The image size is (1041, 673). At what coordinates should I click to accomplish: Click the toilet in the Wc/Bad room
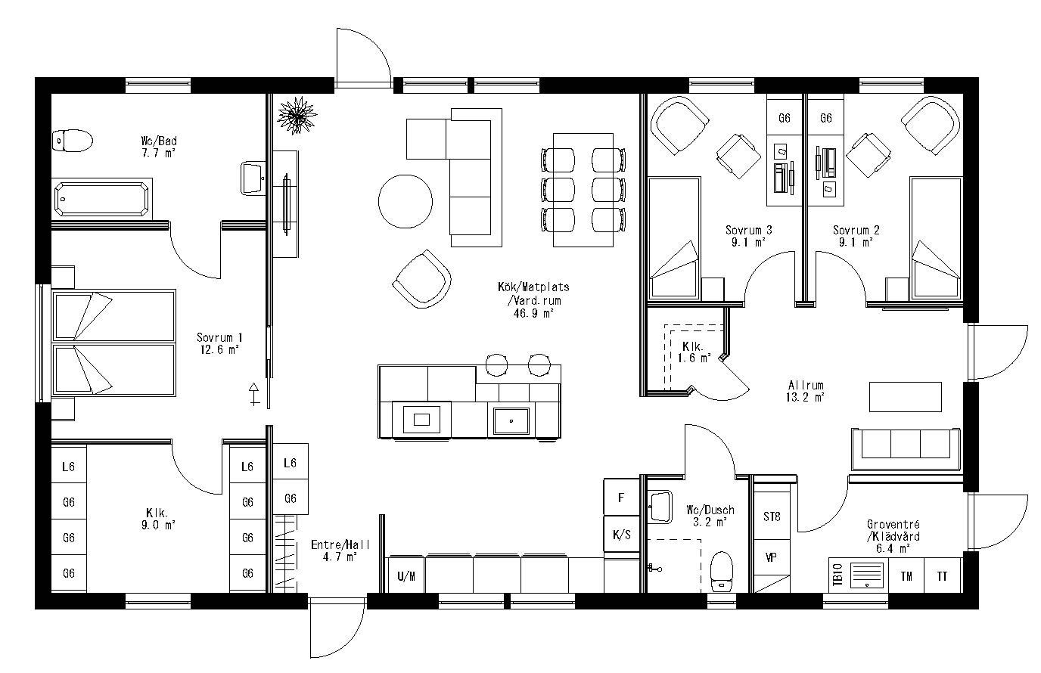click(x=72, y=141)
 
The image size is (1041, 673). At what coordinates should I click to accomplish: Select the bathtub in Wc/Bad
click(x=102, y=199)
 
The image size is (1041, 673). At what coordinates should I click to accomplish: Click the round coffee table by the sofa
click(x=405, y=201)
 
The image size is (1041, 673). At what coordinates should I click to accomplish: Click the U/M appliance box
click(x=406, y=576)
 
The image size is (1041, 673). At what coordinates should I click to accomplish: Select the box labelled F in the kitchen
click(x=621, y=498)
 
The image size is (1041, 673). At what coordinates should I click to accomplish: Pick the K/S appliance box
click(x=621, y=535)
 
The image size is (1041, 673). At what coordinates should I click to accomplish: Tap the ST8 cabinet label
click(x=772, y=517)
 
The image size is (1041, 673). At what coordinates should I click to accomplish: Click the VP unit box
click(x=772, y=557)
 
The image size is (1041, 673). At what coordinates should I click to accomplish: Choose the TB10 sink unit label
click(x=837, y=576)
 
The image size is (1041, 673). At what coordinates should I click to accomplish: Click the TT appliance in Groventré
click(x=942, y=576)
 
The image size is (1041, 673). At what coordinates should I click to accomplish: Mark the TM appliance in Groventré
click(x=906, y=576)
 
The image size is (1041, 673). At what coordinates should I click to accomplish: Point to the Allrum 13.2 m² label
click(x=805, y=390)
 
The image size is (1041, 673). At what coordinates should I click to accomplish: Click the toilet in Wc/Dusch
click(x=722, y=571)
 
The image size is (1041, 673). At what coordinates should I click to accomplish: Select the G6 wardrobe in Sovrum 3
click(x=785, y=118)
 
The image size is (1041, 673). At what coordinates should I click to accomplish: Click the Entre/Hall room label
click(x=334, y=549)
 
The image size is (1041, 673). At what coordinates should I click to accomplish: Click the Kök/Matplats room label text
click(x=533, y=299)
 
